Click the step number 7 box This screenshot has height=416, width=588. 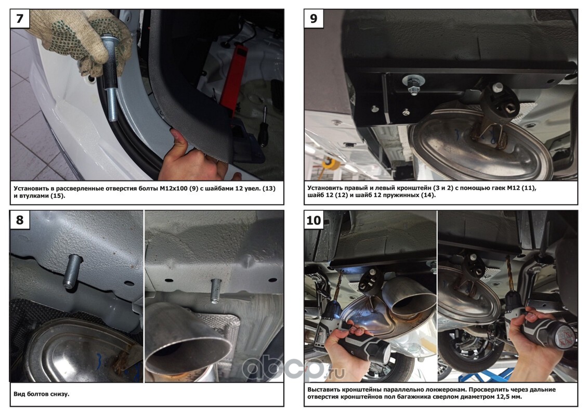[x=20, y=19]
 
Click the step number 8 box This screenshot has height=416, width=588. [x=20, y=219]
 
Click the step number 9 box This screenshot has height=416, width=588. [x=313, y=19]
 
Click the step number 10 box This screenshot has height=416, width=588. [x=313, y=219]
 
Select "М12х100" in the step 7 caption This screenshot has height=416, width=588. [x=176, y=189]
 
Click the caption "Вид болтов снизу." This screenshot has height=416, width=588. [x=41, y=394]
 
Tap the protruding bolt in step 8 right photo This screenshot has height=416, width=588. [x=216, y=291]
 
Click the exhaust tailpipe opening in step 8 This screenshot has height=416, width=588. [x=187, y=352]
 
